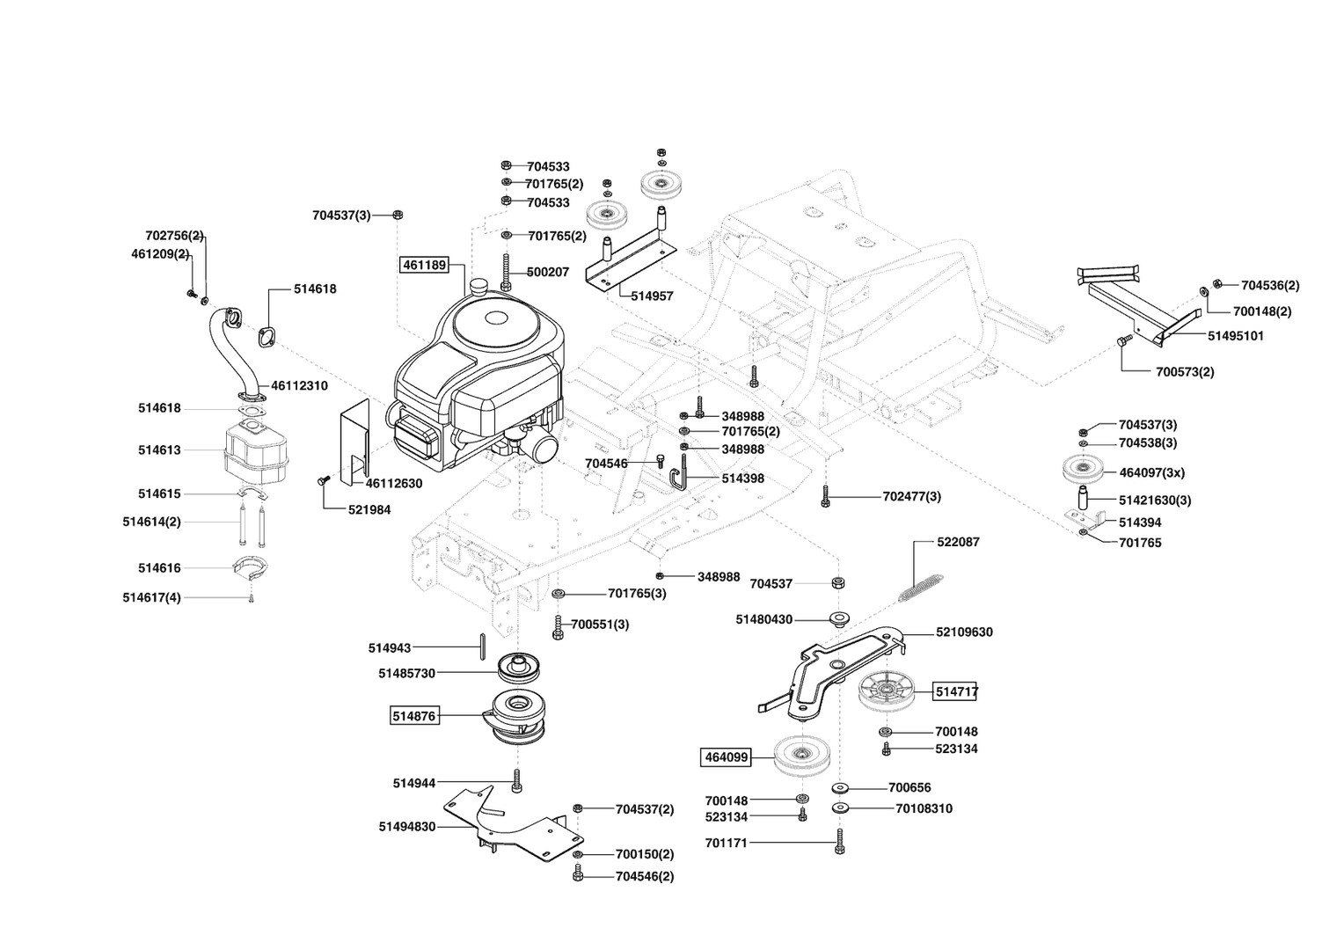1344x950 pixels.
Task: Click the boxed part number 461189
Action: click(x=424, y=264)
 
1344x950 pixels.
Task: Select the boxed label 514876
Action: click(x=413, y=716)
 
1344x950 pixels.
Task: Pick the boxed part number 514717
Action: click(x=955, y=692)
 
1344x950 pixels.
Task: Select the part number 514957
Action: click(x=652, y=296)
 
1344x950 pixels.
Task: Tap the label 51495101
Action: click(x=1235, y=336)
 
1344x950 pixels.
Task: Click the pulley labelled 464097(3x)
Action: click(x=1085, y=471)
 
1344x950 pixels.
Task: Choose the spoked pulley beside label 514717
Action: click(x=883, y=692)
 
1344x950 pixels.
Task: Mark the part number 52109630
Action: click(x=964, y=632)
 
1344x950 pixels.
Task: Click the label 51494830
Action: click(x=407, y=826)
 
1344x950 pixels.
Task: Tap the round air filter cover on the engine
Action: click(x=492, y=326)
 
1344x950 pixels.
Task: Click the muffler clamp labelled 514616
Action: click(x=251, y=568)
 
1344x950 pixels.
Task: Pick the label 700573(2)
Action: click(x=1185, y=371)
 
